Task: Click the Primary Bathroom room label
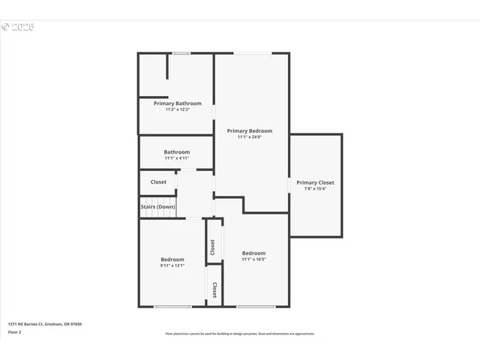pos(177,103)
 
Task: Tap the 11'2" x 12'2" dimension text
pos(177,109)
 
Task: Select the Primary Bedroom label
pos(250,130)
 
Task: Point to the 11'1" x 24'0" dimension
pos(250,137)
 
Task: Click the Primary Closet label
pos(315,182)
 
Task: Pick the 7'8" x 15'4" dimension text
pos(315,189)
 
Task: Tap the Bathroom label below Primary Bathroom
pos(177,151)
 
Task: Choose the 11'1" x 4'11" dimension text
pos(177,158)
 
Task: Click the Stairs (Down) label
pos(157,207)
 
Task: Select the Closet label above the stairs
pos(158,182)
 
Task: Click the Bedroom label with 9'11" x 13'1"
pos(172,259)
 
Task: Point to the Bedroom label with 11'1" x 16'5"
pos(253,253)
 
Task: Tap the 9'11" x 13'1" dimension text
pos(172,266)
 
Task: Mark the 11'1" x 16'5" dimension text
pos(253,259)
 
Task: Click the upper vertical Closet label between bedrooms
pos(213,247)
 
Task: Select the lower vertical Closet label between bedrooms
pos(214,289)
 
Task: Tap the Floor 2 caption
pos(13,331)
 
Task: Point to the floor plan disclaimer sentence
pos(240,334)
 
